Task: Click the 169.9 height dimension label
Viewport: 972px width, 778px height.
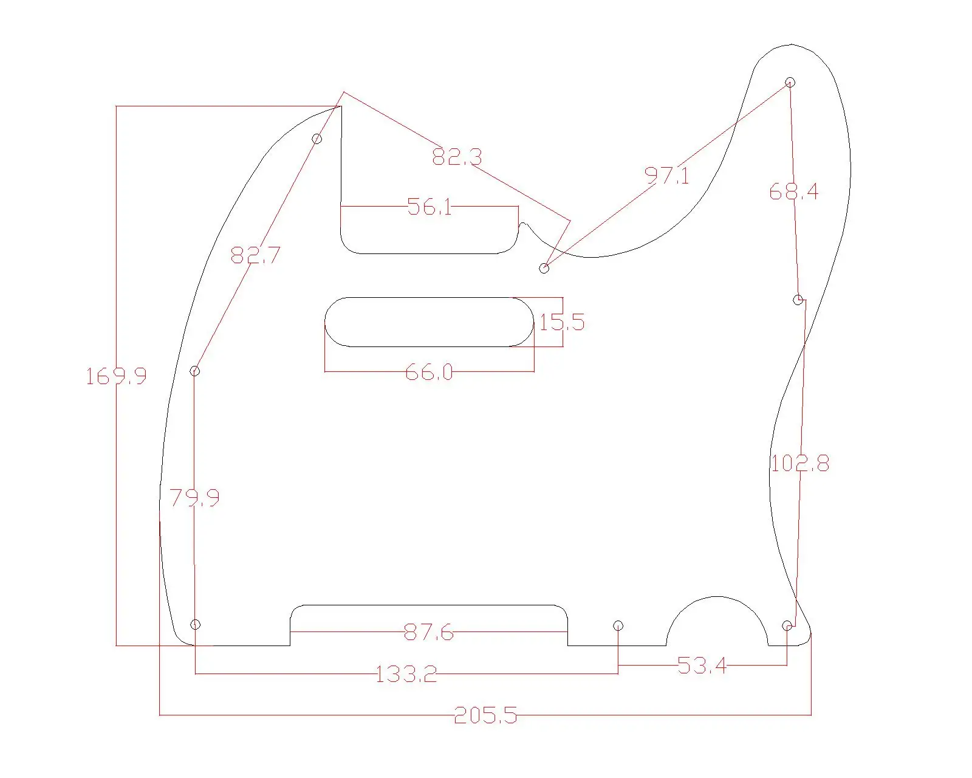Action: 116,376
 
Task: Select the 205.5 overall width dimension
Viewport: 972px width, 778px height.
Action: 485,715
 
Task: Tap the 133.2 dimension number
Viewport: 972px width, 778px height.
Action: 406,675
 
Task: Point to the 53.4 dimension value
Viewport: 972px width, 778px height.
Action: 702,666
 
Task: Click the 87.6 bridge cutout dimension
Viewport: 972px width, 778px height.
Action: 429,632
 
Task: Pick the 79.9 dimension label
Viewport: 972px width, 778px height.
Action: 194,498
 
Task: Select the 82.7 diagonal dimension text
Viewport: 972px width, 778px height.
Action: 255,255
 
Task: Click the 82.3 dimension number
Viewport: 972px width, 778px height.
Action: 457,157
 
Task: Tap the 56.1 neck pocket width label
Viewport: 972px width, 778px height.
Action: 430,207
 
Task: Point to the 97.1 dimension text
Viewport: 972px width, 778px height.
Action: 666,176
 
